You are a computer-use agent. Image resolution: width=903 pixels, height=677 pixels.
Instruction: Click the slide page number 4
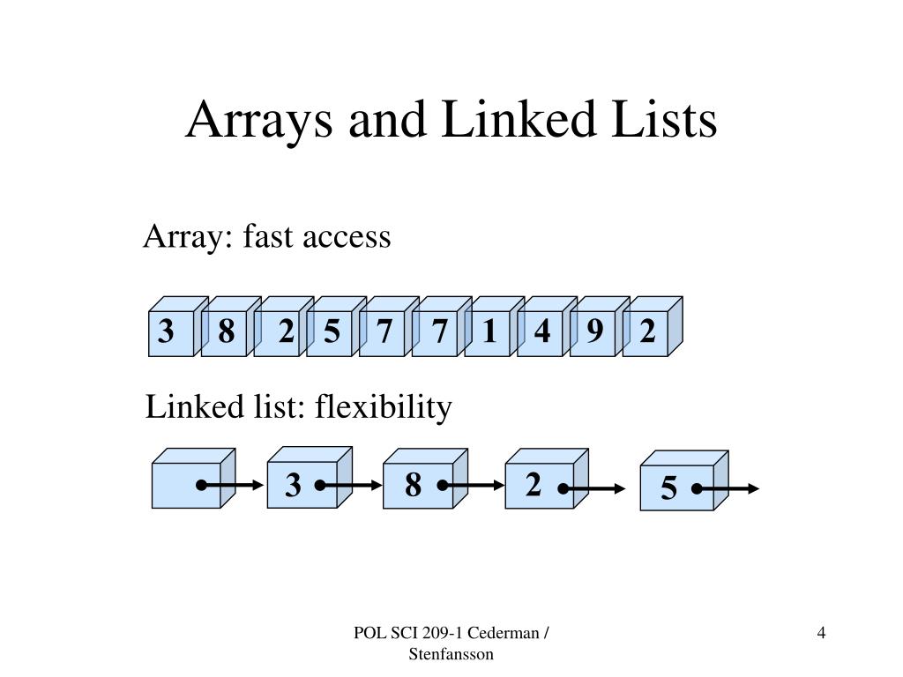click(x=821, y=633)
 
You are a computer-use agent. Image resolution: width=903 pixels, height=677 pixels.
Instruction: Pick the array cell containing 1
click(x=489, y=332)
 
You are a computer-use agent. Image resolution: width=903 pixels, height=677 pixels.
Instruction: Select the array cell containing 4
click(x=541, y=332)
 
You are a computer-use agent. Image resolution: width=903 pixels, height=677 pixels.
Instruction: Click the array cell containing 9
click(x=593, y=332)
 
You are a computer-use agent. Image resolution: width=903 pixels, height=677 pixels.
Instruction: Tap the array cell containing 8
click(x=224, y=332)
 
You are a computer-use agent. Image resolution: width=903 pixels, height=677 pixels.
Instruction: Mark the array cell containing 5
click(x=330, y=332)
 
